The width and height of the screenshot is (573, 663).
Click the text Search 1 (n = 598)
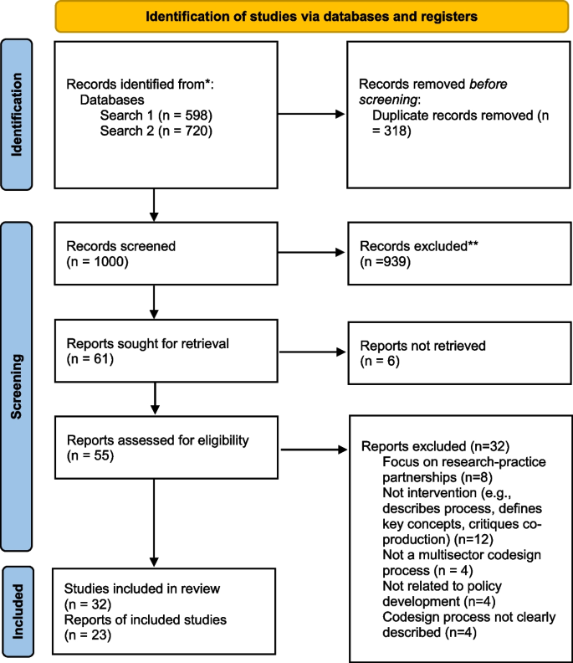(154, 115)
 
